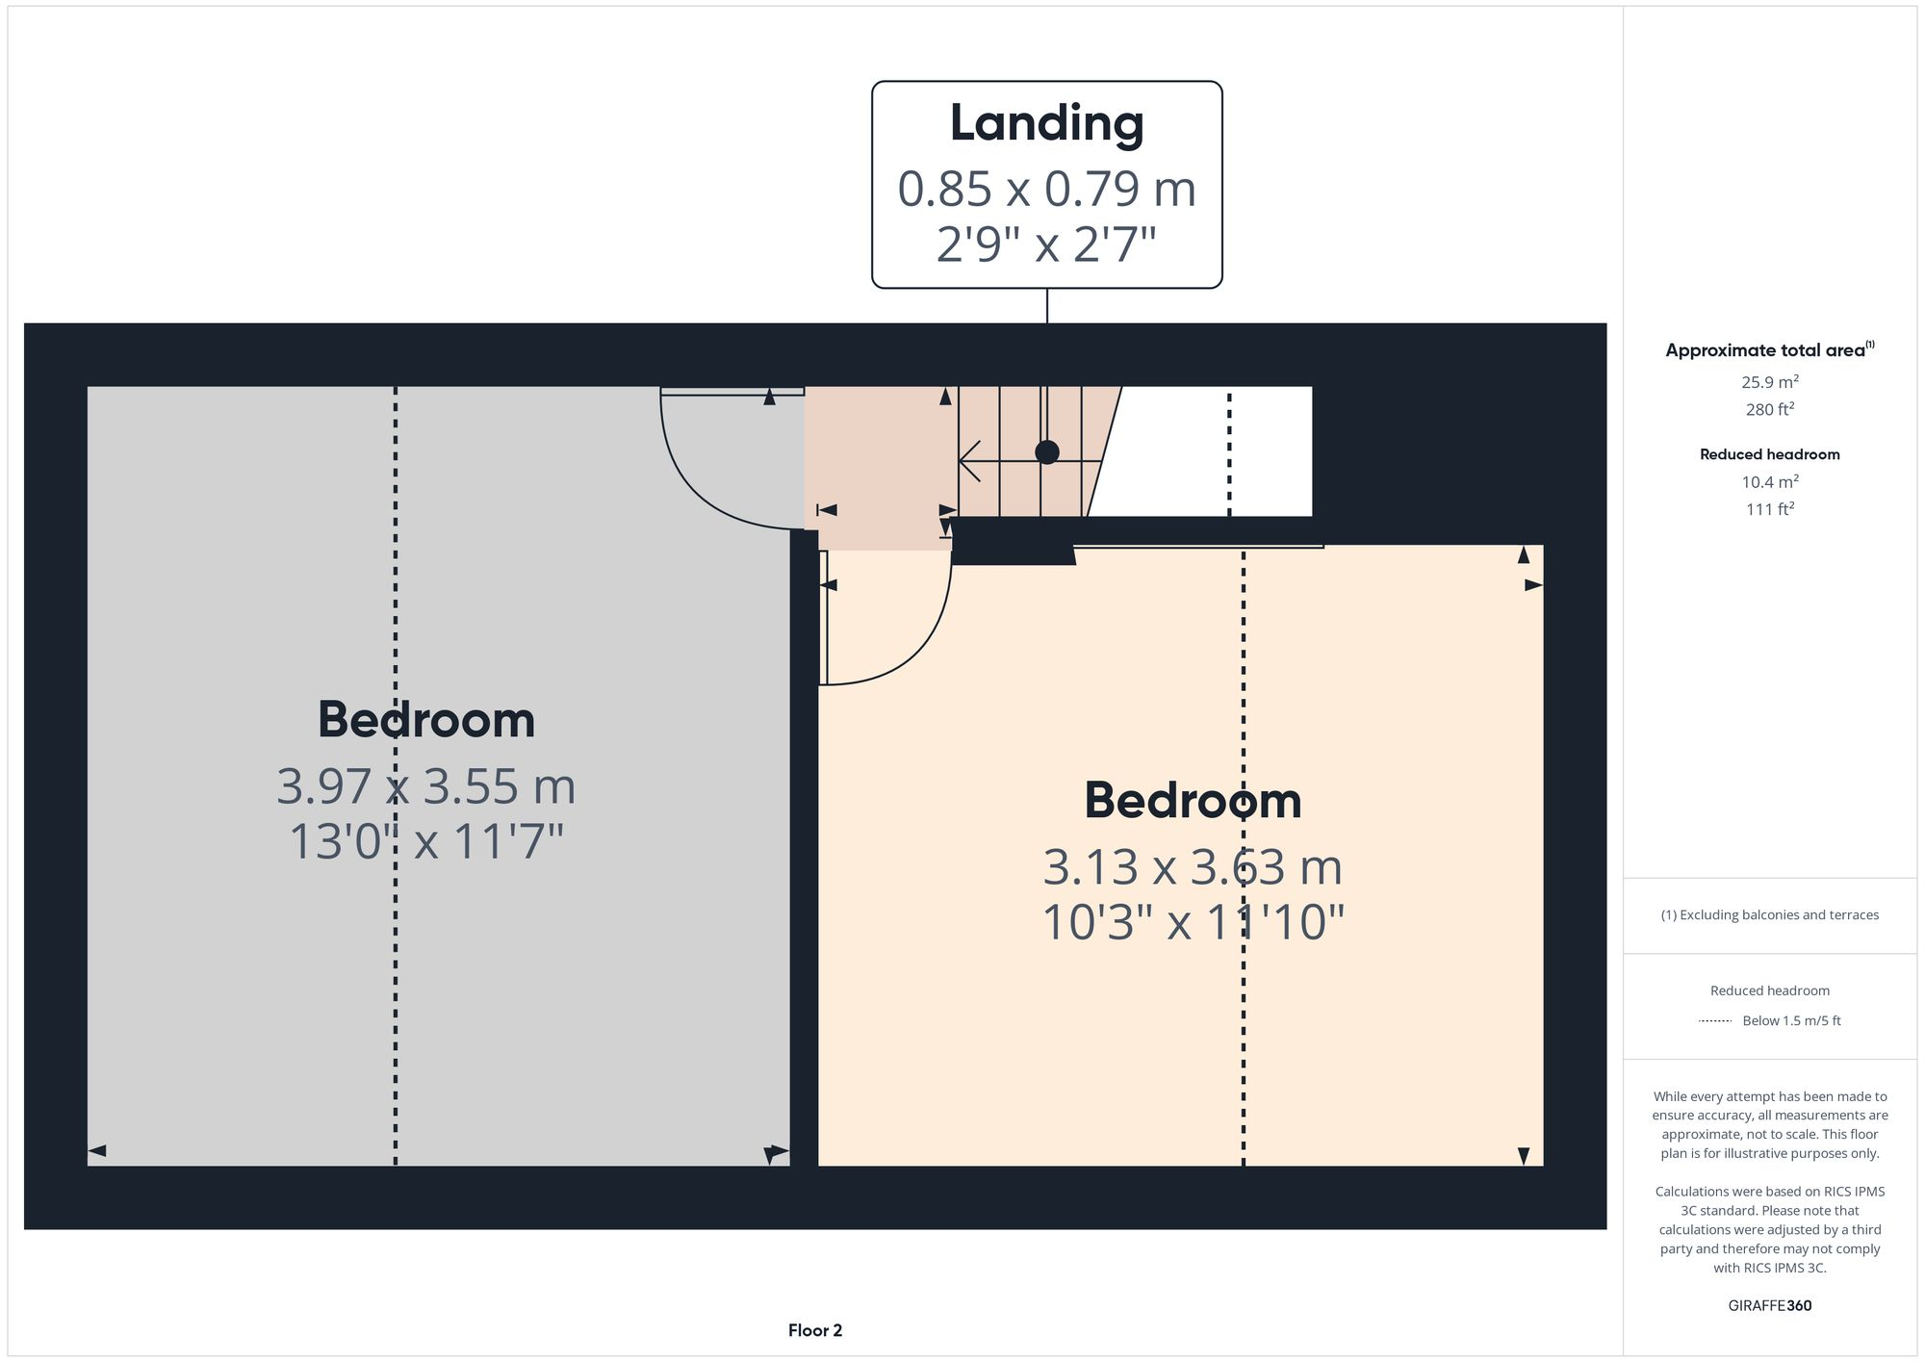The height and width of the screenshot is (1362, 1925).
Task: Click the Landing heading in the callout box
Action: [x=1046, y=123]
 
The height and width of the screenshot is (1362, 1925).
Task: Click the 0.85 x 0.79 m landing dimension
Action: [x=1046, y=189]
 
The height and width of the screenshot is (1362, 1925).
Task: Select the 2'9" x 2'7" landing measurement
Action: [x=1046, y=244]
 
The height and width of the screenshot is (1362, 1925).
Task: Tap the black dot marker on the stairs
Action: [x=1047, y=452]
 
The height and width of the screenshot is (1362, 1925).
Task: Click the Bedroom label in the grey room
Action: [x=426, y=720]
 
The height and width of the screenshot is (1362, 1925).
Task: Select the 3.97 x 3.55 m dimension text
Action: [x=426, y=786]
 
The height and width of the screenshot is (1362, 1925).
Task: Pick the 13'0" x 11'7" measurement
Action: [x=426, y=842]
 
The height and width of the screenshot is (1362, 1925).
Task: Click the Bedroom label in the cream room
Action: [x=1193, y=801]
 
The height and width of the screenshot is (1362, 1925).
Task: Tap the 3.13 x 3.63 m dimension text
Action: [x=1193, y=867]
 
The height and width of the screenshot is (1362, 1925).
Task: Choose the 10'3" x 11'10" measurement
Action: [x=1193, y=923]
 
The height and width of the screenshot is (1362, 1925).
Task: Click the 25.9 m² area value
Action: [x=1769, y=382]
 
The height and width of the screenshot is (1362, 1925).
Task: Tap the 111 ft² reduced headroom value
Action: [x=1769, y=509]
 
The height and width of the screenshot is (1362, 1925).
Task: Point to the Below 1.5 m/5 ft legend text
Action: [x=1791, y=1021]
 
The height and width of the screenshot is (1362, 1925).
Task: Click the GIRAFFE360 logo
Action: [x=1769, y=1306]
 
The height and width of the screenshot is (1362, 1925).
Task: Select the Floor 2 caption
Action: [x=814, y=1331]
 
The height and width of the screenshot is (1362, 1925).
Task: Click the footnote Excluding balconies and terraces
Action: [x=1769, y=915]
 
